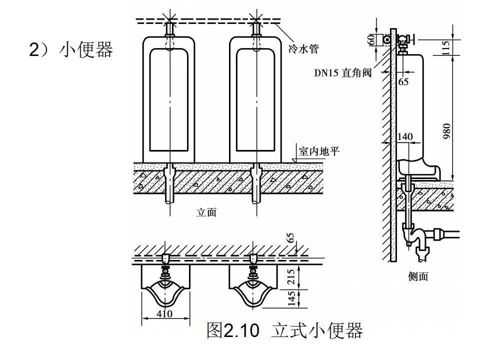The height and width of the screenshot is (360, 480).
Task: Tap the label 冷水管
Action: (303, 48)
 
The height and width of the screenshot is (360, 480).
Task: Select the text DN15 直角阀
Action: (342, 73)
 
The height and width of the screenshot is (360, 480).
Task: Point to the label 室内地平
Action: (318, 150)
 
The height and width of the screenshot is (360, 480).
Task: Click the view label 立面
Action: (206, 212)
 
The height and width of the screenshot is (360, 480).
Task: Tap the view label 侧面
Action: (418, 275)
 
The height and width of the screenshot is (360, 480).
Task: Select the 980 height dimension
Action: (446, 131)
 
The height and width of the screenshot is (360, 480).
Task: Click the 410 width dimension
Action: (164, 313)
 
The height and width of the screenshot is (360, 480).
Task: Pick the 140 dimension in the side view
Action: (405, 136)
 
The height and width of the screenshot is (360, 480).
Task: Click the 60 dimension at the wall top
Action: (371, 39)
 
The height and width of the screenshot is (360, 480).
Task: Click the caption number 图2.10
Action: (233, 330)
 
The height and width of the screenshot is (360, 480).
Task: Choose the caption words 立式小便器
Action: (317, 330)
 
